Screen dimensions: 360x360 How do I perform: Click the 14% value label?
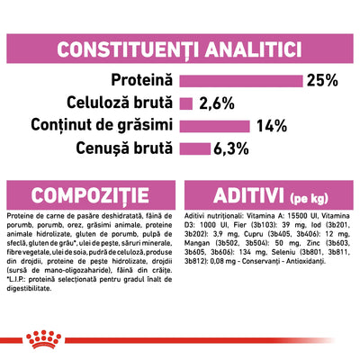point(274,124)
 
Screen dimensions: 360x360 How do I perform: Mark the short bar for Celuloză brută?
point(186,102)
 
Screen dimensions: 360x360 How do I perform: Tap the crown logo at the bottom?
point(179,339)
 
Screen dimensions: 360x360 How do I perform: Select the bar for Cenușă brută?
point(195,147)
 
